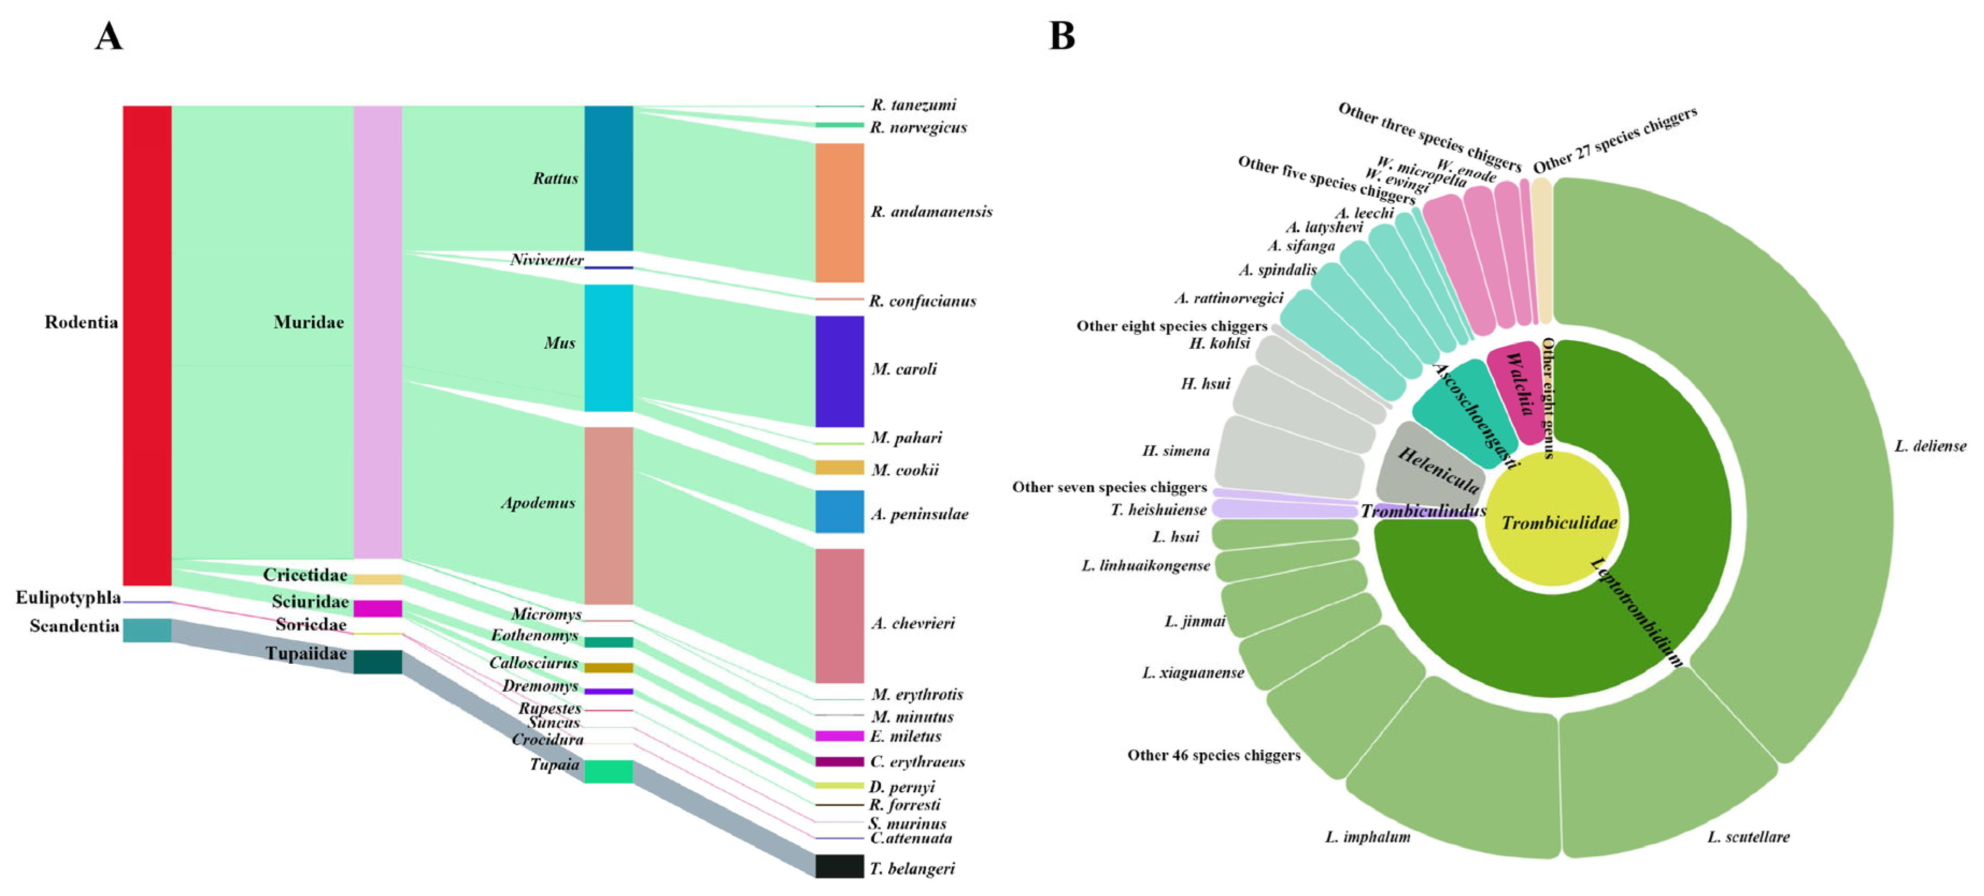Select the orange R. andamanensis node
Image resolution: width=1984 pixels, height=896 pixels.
tap(839, 212)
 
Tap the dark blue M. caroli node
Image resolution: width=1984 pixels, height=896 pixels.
tap(839, 371)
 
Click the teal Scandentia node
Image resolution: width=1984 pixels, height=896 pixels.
tap(147, 629)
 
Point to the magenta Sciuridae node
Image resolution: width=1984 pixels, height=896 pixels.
tap(377, 609)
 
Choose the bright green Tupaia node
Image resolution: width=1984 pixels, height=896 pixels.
tap(609, 771)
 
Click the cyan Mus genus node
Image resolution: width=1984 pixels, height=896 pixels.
tap(609, 348)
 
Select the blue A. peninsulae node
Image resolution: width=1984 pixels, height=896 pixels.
tap(839, 512)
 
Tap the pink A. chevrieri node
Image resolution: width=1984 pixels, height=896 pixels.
tap(839, 616)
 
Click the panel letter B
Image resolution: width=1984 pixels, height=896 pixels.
tap(1061, 35)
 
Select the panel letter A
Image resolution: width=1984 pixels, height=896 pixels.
tap(109, 35)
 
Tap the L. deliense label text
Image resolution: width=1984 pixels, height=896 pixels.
tap(1930, 446)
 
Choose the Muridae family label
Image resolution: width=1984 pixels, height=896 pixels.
tap(308, 322)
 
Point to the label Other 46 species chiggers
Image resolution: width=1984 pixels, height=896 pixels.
tap(1214, 755)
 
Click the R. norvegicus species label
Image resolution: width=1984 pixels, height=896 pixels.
tap(918, 128)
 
